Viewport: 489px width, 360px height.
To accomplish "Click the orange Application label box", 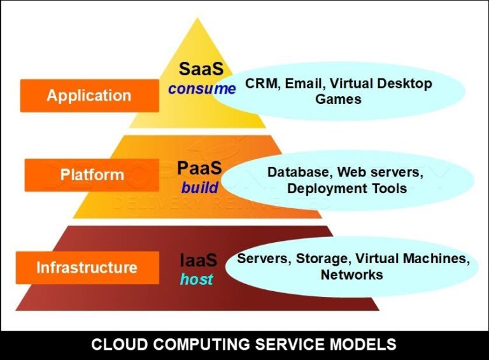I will tap(89, 96).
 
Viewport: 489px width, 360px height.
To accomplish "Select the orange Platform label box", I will tap(92, 175).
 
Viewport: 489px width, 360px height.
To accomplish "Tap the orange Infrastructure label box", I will tap(87, 267).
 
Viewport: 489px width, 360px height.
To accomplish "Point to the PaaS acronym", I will tap(199, 169).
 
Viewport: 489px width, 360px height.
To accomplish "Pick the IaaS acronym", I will tap(198, 261).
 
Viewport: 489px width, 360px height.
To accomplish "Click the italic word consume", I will tap(201, 89).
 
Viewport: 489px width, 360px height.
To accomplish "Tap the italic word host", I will tap(196, 279).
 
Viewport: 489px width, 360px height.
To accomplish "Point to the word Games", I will tap(338, 99).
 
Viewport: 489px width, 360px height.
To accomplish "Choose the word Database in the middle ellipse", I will tap(299, 172).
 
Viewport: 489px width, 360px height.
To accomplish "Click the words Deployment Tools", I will tap(346, 189).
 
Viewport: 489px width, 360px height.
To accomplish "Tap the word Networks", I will tap(351, 275).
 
